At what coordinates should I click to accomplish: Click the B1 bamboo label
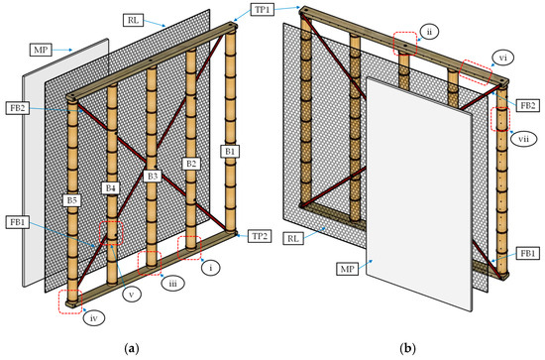coord(230,152)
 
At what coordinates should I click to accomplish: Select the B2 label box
coord(191,164)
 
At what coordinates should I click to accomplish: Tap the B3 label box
coord(153,176)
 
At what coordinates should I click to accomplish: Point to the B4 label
coord(110,188)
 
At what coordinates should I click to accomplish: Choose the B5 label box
coord(71,200)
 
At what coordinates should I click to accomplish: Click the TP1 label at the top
coord(263,9)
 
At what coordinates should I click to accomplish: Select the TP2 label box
coord(260,236)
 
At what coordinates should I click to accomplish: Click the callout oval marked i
coord(211,268)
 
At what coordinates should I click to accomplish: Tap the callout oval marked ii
coord(429,32)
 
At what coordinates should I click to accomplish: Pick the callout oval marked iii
coord(172,283)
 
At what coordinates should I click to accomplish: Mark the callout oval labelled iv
coord(94,317)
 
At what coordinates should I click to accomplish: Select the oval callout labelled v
coord(132,295)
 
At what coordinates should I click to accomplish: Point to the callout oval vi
coord(502,58)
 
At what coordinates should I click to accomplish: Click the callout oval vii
coord(523,139)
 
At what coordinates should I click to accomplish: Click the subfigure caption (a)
coord(132,348)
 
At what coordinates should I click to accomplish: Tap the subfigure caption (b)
coord(407,348)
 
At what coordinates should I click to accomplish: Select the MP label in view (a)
coord(41,51)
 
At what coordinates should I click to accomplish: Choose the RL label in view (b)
coord(293,239)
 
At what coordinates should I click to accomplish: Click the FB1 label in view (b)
coord(527,254)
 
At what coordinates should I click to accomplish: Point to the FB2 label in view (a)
coord(18,108)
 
